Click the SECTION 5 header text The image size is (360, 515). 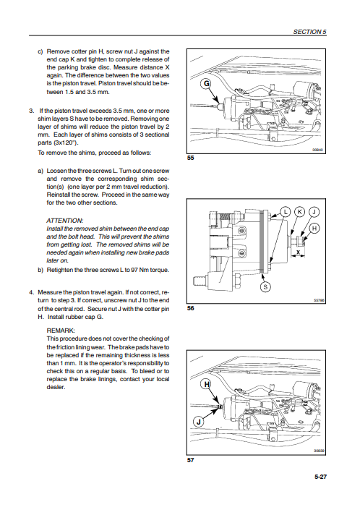[x=309, y=32]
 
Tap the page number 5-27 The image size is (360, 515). [x=320, y=477]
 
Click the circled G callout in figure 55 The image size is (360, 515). [x=207, y=84]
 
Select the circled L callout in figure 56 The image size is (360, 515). [x=286, y=212]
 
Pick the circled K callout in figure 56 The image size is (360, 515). [x=299, y=212]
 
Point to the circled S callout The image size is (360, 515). [x=265, y=287]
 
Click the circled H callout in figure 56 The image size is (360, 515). [x=314, y=229]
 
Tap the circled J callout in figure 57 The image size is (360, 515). [x=198, y=422]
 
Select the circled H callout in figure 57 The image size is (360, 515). [x=207, y=385]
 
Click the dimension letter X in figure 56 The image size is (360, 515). [x=298, y=252]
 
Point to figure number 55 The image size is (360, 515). [x=190, y=158]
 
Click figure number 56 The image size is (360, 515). [x=190, y=308]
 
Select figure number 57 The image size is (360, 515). [x=190, y=460]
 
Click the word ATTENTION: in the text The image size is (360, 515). [x=64, y=221]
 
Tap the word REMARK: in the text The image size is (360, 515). [x=61, y=331]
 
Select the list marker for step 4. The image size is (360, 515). [x=32, y=292]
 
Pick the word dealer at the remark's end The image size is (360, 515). [x=56, y=387]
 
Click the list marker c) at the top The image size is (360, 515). [x=40, y=51]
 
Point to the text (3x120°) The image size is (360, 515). [x=58, y=143]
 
